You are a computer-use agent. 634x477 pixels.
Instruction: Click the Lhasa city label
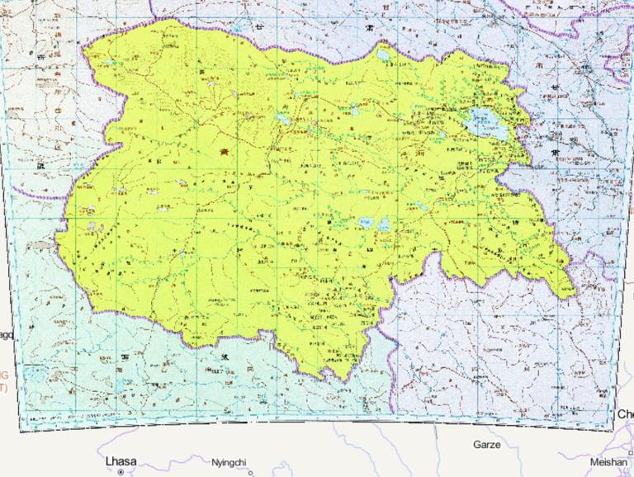pyautogui.click(x=121, y=460)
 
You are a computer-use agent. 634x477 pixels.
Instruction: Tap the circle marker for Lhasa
pyautogui.click(x=121, y=472)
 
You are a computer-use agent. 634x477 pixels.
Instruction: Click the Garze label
pyautogui.click(x=486, y=444)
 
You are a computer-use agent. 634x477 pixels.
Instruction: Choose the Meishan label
pyautogui.click(x=607, y=463)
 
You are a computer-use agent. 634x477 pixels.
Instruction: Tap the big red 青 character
pyautogui.click(x=225, y=153)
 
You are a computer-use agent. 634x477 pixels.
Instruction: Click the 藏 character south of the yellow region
pyautogui.click(x=223, y=357)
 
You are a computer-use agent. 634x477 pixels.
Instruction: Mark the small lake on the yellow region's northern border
pyautogui.click(x=384, y=57)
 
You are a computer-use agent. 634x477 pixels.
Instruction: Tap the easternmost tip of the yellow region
pyautogui.click(x=575, y=293)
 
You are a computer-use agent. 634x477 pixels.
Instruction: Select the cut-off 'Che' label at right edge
pyautogui.click(x=624, y=413)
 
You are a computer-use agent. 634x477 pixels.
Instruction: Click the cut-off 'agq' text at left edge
pyautogui.click(x=7, y=334)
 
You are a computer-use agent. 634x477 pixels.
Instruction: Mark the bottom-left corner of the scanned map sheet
pyautogui.click(x=21, y=431)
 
